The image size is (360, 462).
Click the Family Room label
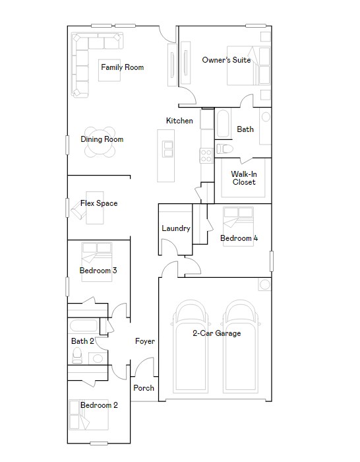pyautogui.click(x=122, y=67)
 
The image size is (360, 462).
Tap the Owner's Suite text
pyautogui.click(x=226, y=60)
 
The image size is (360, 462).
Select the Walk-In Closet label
pyautogui.click(x=244, y=178)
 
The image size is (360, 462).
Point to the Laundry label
pyautogui.click(x=176, y=228)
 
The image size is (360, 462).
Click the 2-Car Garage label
pyautogui.click(x=217, y=333)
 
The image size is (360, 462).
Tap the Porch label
pyautogui.click(x=144, y=388)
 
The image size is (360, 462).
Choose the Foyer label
pyautogui.click(x=145, y=341)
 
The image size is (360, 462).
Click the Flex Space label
pyautogui.click(x=99, y=203)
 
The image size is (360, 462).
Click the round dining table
pyautogui.click(x=100, y=142)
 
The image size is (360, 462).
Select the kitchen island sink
pyautogui.click(x=167, y=149)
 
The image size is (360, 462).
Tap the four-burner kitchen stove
pyautogui.click(x=206, y=156)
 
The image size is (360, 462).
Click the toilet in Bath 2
pyautogui.click(x=77, y=355)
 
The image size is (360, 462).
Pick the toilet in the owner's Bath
pyautogui.click(x=225, y=148)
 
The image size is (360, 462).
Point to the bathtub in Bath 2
pyautogui.click(x=84, y=326)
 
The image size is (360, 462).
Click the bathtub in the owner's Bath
pyautogui.click(x=224, y=123)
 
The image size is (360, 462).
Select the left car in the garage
pyautogui.click(x=190, y=346)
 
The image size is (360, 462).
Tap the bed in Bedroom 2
pyautogui.click(x=88, y=414)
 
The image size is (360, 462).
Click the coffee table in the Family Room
pyautogui.click(x=109, y=71)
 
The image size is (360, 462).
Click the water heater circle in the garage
pyautogui.click(x=264, y=284)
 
